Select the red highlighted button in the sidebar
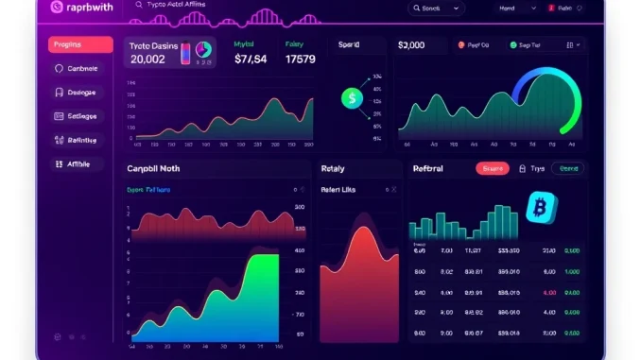click(x=80, y=44)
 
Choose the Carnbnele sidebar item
click(x=80, y=68)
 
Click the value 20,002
click(x=149, y=59)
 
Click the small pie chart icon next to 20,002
click(x=203, y=55)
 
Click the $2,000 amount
click(x=411, y=44)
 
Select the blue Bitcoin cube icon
click(x=542, y=207)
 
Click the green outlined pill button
click(x=568, y=168)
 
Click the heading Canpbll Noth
click(x=152, y=168)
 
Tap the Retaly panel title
click(x=333, y=168)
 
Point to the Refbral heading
click(x=435, y=168)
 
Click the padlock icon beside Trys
click(x=522, y=168)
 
